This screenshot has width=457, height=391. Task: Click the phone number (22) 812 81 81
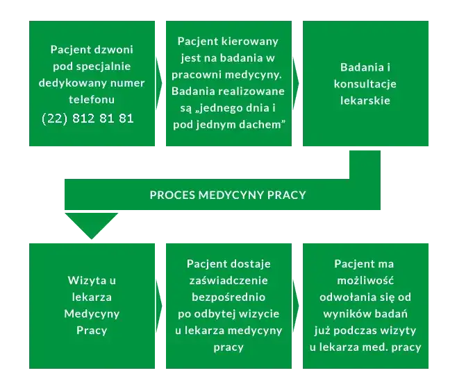[x=88, y=119]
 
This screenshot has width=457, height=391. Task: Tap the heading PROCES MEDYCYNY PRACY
[x=228, y=195]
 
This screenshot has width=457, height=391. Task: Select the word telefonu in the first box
[x=92, y=100]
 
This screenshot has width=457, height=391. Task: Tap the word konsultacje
[x=365, y=83]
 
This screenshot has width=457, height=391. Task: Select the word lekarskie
[x=365, y=100]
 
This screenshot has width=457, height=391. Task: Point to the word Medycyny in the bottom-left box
[x=92, y=313]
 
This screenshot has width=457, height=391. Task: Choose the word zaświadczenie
[x=228, y=280]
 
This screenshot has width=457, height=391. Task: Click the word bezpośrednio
[x=228, y=297]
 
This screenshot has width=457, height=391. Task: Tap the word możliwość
[x=364, y=280]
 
